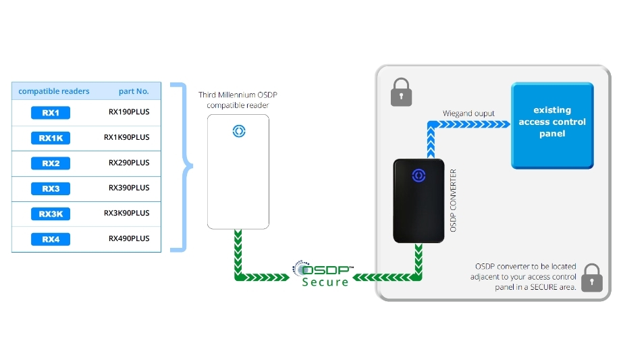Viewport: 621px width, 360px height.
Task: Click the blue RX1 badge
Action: pos(51,113)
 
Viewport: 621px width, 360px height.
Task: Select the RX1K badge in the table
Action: pos(51,138)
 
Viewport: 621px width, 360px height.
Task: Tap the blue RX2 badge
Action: pos(51,163)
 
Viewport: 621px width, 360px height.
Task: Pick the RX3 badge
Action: pos(51,188)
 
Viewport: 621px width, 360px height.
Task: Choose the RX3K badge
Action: pos(51,214)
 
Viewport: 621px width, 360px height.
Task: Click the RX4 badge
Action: pos(51,239)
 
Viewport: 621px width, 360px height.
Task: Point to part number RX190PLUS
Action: pos(129,112)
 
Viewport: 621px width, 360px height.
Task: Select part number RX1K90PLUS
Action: pos(127,137)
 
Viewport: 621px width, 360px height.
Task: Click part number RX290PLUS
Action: pos(129,163)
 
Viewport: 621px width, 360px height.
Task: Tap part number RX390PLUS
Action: pos(129,188)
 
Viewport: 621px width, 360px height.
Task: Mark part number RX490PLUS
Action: pos(129,238)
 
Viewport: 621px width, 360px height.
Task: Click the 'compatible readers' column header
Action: pos(54,91)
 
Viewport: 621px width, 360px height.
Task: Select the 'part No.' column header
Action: pos(134,91)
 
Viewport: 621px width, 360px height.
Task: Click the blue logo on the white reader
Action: pos(238,131)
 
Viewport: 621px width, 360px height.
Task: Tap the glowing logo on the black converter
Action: pos(418,175)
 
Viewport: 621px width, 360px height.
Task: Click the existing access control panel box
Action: pos(552,125)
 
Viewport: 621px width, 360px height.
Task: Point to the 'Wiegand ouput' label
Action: pos(468,113)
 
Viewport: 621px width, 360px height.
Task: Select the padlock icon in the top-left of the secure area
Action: pos(401,92)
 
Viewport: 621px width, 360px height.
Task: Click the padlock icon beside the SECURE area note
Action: pos(592,278)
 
